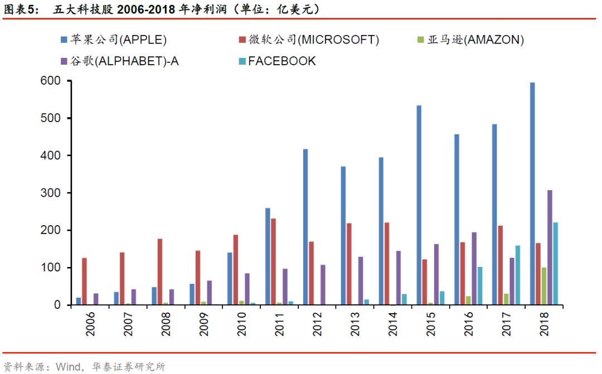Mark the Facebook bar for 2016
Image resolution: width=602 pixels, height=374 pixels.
[x=480, y=286]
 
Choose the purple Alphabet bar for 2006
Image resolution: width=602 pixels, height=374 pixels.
[x=95, y=299]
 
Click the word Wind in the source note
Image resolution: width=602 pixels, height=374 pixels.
[x=66, y=367]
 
